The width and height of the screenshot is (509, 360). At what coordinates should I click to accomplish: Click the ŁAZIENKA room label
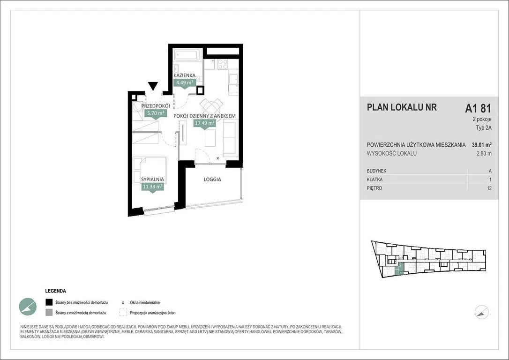coord(185,75)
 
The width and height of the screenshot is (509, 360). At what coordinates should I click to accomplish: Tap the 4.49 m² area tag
coord(184,82)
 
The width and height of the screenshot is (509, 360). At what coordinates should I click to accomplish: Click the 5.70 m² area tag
coord(156,113)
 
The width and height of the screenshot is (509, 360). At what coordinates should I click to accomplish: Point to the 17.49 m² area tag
coord(204,123)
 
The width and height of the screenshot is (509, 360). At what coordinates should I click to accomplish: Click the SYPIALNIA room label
coord(153,180)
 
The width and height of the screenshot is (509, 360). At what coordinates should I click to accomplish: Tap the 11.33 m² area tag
coord(153,187)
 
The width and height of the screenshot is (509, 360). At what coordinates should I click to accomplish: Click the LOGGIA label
coord(212,179)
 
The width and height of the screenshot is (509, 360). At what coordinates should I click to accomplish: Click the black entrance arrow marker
coord(153,86)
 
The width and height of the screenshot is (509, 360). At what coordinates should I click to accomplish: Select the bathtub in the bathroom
coord(188,54)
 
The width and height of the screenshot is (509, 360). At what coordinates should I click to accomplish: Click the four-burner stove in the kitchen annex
coord(223,64)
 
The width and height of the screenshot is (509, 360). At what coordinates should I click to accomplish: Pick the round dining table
coord(211,107)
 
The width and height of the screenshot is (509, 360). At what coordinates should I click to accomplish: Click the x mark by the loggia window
coord(218,158)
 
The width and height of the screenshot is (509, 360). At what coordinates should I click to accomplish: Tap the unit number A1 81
coord(478,108)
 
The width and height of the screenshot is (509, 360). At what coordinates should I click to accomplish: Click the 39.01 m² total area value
coord(481,145)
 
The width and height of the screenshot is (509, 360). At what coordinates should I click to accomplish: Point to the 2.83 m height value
coord(484,154)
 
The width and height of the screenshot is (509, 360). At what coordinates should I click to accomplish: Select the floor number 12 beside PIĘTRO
coord(489,188)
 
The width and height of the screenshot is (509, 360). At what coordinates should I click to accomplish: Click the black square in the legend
coord(49,302)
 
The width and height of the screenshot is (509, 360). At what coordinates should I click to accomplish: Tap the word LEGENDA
coord(55,291)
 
